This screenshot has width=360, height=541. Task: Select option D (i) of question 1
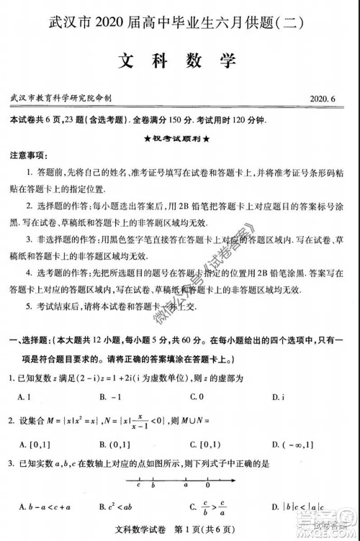(x=276, y=396)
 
